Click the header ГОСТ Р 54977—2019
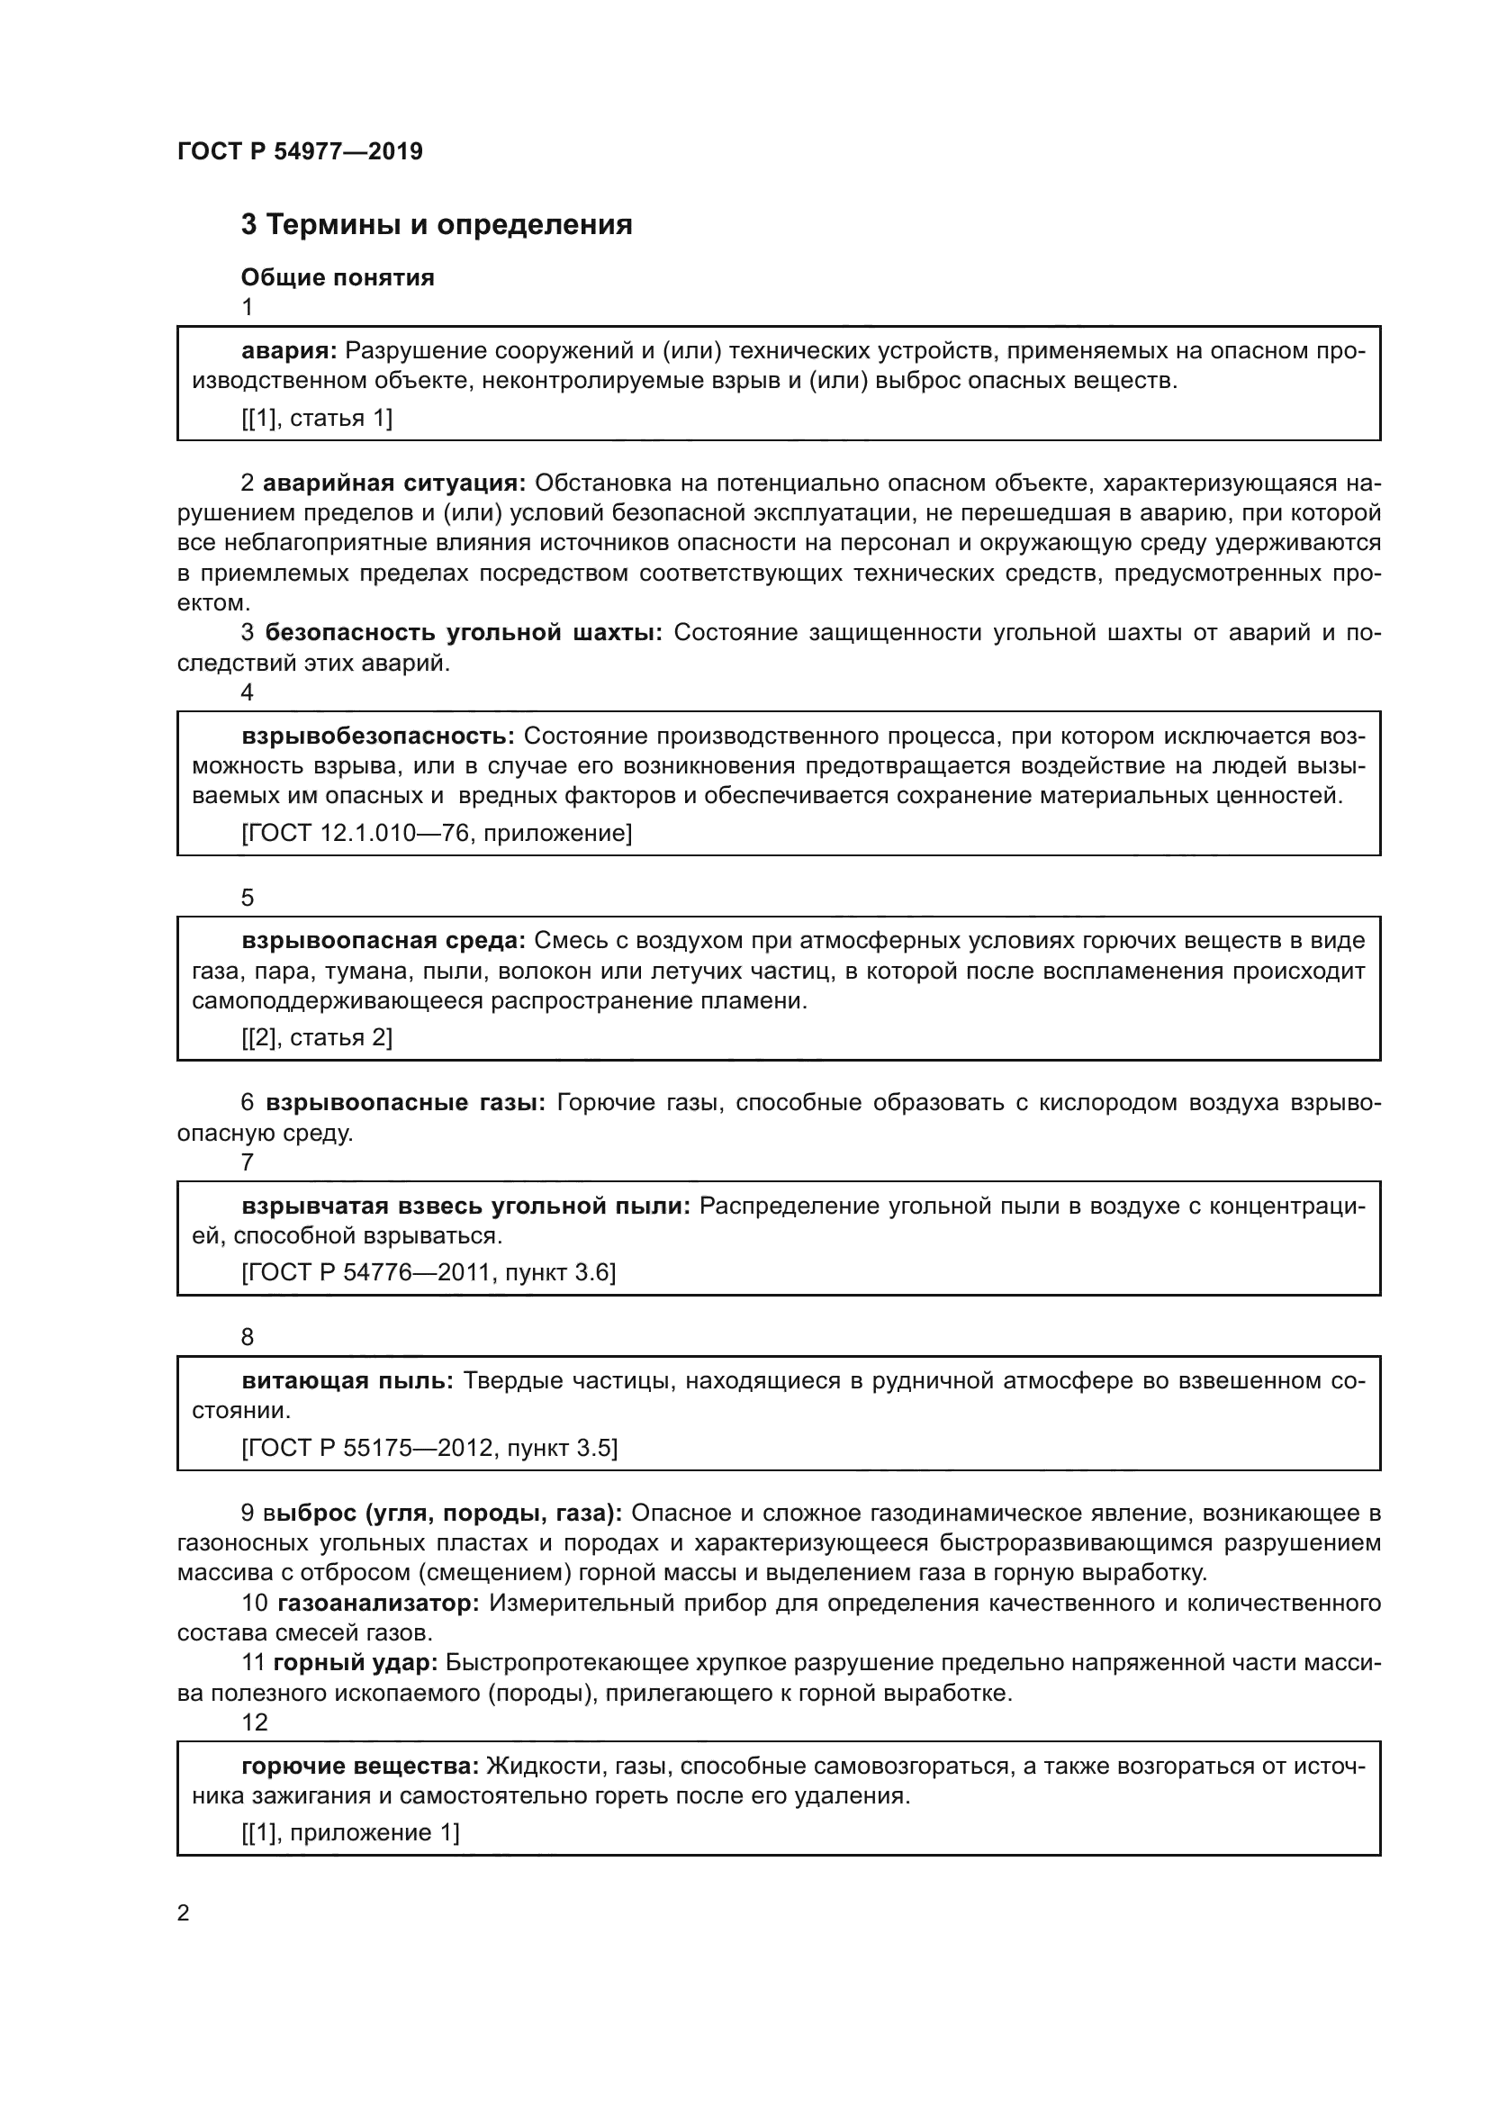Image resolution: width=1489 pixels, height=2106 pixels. pyautogui.click(x=300, y=151)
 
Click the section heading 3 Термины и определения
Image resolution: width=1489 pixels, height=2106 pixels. pyautogui.click(x=437, y=225)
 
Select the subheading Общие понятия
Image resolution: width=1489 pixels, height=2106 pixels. pyautogui.click(x=338, y=277)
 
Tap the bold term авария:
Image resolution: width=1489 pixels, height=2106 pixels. pyautogui.click(x=290, y=350)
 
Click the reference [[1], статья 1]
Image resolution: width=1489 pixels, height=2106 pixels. pyautogui.click(x=316, y=419)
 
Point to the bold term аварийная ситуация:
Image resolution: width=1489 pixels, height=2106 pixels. pyautogui.click(x=394, y=483)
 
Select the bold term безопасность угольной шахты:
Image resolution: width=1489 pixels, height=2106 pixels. pyautogui.click(x=464, y=633)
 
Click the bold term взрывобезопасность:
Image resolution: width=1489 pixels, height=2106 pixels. pyautogui.click(x=378, y=736)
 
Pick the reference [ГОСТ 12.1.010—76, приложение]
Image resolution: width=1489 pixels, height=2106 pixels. pyautogui.click(x=437, y=833)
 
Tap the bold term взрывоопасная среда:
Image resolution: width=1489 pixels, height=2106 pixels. pyautogui.click(x=384, y=940)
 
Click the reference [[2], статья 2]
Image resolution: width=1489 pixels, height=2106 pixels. pyautogui.click(x=316, y=1037)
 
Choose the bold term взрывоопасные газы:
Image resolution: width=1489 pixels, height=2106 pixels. pyautogui.click(x=405, y=1103)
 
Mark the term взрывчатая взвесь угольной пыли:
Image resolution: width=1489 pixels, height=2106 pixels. pyautogui.click(x=465, y=1206)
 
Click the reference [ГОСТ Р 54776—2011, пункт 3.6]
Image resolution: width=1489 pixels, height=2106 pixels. pyautogui.click(x=429, y=1272)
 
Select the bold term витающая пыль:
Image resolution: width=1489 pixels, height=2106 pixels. pyautogui.click(x=347, y=1380)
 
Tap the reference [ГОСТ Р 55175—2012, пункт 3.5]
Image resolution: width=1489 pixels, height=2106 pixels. pyautogui.click(x=429, y=1448)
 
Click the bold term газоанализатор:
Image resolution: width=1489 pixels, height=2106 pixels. pyautogui.click(x=379, y=1603)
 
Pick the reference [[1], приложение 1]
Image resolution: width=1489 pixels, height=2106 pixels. pyautogui.click(x=350, y=1832)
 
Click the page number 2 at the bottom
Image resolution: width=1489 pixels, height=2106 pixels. pyautogui.click(x=184, y=1912)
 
